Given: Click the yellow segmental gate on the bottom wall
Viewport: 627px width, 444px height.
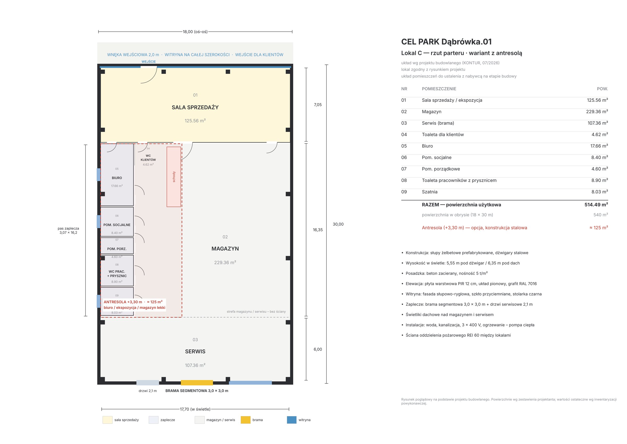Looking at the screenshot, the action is [197, 382].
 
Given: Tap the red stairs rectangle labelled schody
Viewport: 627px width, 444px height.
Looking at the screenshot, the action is [174, 177].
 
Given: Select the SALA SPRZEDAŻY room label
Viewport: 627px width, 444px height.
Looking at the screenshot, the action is [195, 108].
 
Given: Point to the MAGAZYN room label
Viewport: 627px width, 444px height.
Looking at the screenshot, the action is [225, 248].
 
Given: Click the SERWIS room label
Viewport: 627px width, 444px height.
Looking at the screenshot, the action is [195, 351].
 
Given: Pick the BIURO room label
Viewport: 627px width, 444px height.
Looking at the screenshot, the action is [117, 178].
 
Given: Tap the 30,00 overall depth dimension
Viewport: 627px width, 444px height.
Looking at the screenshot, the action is [338, 224].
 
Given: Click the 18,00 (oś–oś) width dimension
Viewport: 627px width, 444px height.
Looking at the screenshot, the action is [195, 32].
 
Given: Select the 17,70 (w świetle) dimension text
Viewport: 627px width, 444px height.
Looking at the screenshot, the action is [195, 409].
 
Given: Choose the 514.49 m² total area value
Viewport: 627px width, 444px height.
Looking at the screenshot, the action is [596, 204].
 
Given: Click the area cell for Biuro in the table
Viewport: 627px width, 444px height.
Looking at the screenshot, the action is [599, 146].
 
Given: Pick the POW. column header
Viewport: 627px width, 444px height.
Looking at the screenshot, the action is [602, 89].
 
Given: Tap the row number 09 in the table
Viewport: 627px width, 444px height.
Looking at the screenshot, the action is [404, 192].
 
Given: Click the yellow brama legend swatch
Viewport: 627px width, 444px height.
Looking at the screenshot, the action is [245, 420].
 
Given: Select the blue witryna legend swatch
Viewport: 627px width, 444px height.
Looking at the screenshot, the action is [292, 420].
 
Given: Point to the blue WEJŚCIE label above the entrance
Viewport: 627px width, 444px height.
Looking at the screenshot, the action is [149, 62].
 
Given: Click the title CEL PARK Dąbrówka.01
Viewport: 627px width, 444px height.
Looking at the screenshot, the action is [446, 42].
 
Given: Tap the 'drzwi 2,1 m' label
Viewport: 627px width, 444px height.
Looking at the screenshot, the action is [148, 391].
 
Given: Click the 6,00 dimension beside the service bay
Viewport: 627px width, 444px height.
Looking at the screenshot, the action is [318, 349].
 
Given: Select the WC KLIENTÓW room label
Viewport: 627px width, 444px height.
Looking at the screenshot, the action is [148, 158].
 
